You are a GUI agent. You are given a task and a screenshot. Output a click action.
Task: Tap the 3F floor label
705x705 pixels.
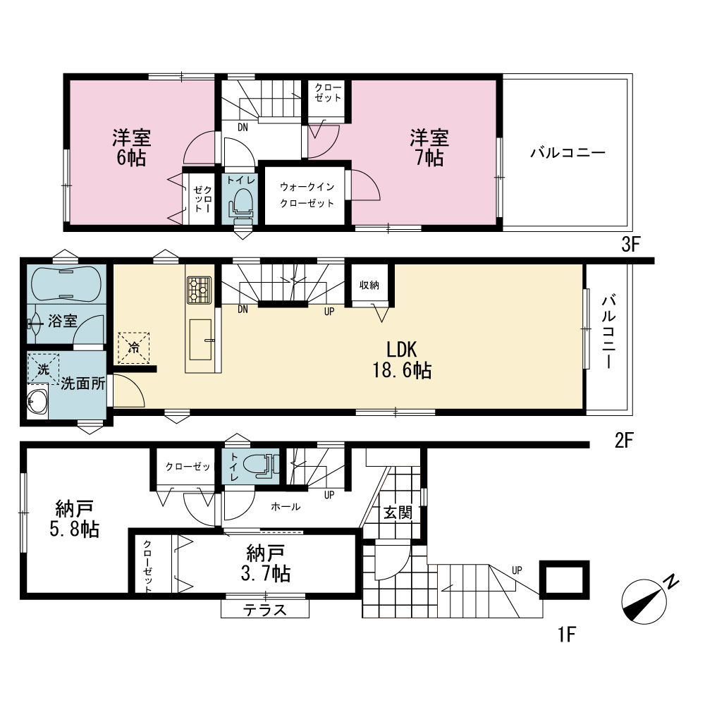pyautogui.click(x=630, y=245)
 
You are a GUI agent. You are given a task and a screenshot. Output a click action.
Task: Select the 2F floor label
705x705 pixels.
pyautogui.click(x=624, y=441)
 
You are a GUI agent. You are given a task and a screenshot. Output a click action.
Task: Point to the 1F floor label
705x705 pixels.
pyautogui.click(x=567, y=635)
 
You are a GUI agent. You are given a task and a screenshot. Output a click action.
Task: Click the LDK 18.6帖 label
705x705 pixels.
pyautogui.click(x=402, y=360)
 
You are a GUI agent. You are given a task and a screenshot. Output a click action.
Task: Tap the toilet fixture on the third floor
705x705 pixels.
pyautogui.click(x=243, y=205)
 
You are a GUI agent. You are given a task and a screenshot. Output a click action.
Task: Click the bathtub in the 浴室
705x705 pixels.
pyautogui.click(x=66, y=284)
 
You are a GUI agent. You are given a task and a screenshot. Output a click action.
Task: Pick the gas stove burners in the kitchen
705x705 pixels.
pyautogui.click(x=199, y=290)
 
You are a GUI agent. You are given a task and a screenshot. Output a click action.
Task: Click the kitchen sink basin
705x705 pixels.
pyautogui.click(x=200, y=340)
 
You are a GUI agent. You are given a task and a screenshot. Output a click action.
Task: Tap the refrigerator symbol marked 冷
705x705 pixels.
pyautogui.click(x=133, y=348)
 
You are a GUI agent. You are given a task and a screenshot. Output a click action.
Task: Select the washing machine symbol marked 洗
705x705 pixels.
pyautogui.click(x=43, y=369)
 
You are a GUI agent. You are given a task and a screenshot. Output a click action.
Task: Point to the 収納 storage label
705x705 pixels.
pyautogui.click(x=369, y=285)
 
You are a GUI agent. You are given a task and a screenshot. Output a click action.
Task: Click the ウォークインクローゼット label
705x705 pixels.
pyautogui.click(x=307, y=195)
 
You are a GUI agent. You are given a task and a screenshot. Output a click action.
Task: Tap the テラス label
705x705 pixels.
pyautogui.click(x=265, y=610)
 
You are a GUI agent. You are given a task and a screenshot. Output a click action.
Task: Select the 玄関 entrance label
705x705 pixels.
pyautogui.click(x=398, y=512)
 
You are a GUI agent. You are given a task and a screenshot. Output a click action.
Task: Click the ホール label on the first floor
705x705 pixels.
pyautogui.click(x=286, y=507)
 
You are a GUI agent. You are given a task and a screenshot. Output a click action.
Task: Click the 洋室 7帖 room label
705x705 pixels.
pyautogui.click(x=429, y=148)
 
